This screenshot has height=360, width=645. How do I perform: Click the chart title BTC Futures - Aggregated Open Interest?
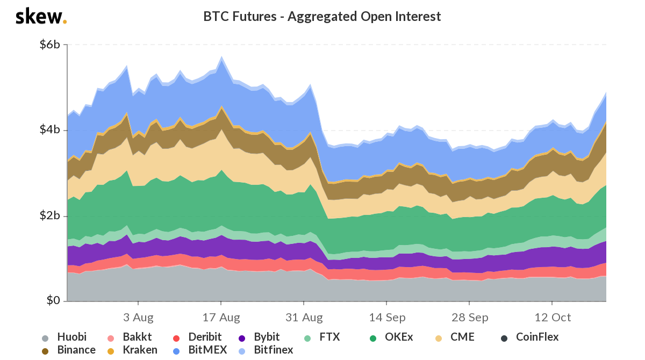(x=322, y=17)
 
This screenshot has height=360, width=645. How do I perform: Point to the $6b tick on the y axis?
(x=50, y=45)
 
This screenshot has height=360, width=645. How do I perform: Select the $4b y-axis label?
(x=50, y=130)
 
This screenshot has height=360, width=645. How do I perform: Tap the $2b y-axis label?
(x=50, y=215)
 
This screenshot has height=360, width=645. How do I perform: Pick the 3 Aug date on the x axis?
(x=138, y=318)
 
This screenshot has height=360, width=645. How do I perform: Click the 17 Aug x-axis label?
(x=221, y=318)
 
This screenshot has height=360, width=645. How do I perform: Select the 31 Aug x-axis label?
(x=304, y=318)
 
